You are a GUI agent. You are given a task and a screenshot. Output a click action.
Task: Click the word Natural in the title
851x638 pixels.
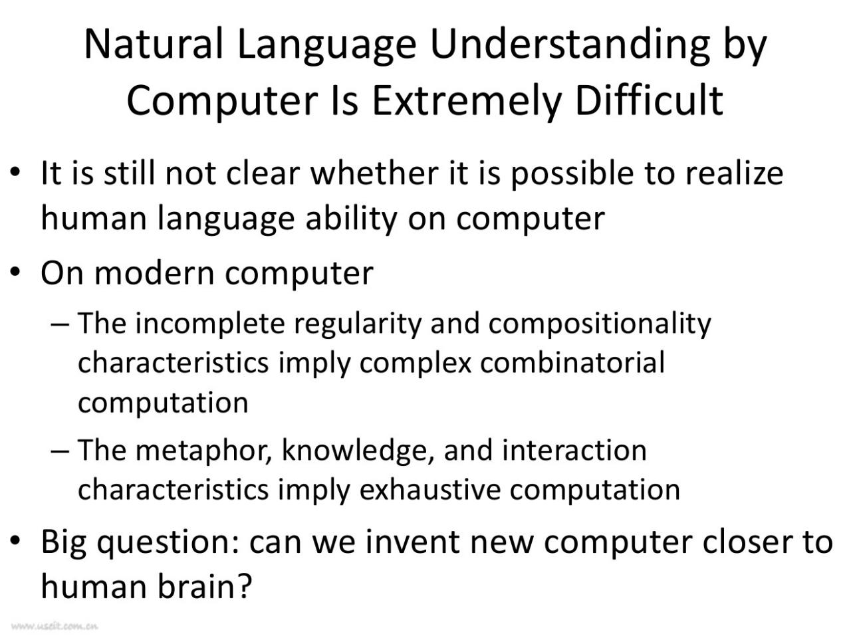pyautogui.click(x=154, y=44)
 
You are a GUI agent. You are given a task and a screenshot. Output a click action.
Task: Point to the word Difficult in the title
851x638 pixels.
pyautogui.click(x=650, y=100)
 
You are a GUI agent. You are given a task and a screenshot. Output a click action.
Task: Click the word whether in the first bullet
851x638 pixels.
pyautogui.click(x=374, y=173)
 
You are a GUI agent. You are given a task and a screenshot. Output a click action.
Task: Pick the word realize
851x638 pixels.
pyautogui.click(x=734, y=173)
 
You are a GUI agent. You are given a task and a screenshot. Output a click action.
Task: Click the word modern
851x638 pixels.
pyautogui.click(x=155, y=274)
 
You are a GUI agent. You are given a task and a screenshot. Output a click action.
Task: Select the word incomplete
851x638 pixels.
pyautogui.click(x=210, y=324)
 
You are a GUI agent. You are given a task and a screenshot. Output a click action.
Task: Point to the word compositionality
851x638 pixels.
pyautogui.click(x=600, y=324)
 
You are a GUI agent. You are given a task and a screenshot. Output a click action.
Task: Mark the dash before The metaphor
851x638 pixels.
pyautogui.click(x=60, y=452)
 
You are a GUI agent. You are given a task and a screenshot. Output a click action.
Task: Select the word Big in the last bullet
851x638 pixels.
pyautogui.click(x=63, y=543)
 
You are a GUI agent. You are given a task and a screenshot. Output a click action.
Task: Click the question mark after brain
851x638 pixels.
pyautogui.click(x=243, y=585)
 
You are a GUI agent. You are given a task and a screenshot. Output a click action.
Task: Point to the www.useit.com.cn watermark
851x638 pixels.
pyautogui.click(x=55, y=625)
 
